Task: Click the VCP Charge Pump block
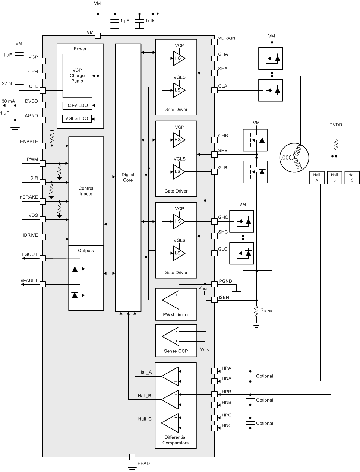[x=77, y=76]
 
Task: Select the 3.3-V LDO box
[x=77, y=105]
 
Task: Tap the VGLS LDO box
[x=77, y=118]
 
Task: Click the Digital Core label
[x=128, y=177]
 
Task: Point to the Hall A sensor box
[x=317, y=177]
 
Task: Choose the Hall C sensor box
[x=352, y=177]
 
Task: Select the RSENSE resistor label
[x=267, y=310]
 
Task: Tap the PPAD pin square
[x=132, y=457]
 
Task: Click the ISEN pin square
[x=214, y=299]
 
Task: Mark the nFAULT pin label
[x=29, y=281]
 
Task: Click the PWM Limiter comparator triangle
[x=171, y=300]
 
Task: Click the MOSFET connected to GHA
[x=271, y=58]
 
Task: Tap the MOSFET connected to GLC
[x=241, y=253]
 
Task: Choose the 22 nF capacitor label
[x=7, y=83]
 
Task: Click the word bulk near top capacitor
[x=150, y=21]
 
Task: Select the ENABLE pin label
[x=29, y=142]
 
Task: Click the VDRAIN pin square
[x=214, y=42]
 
